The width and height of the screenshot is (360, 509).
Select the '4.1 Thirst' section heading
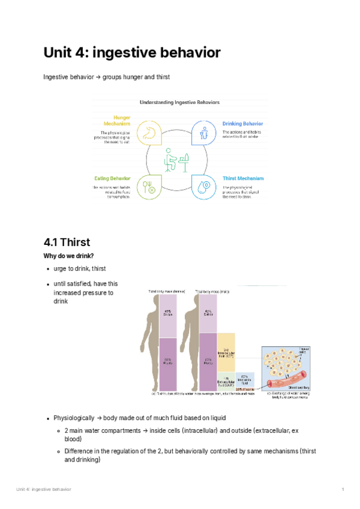[67, 242]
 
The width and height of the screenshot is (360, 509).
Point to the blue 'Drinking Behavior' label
[242, 124]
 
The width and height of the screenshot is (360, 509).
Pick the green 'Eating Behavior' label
[112, 178]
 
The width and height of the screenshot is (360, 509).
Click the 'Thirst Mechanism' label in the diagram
[243, 178]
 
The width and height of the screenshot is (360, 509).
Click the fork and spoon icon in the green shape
[148, 186]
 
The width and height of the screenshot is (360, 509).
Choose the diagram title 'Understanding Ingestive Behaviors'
[179, 103]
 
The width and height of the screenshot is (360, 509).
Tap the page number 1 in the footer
[343, 490]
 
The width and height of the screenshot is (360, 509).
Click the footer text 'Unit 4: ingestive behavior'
[43, 490]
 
